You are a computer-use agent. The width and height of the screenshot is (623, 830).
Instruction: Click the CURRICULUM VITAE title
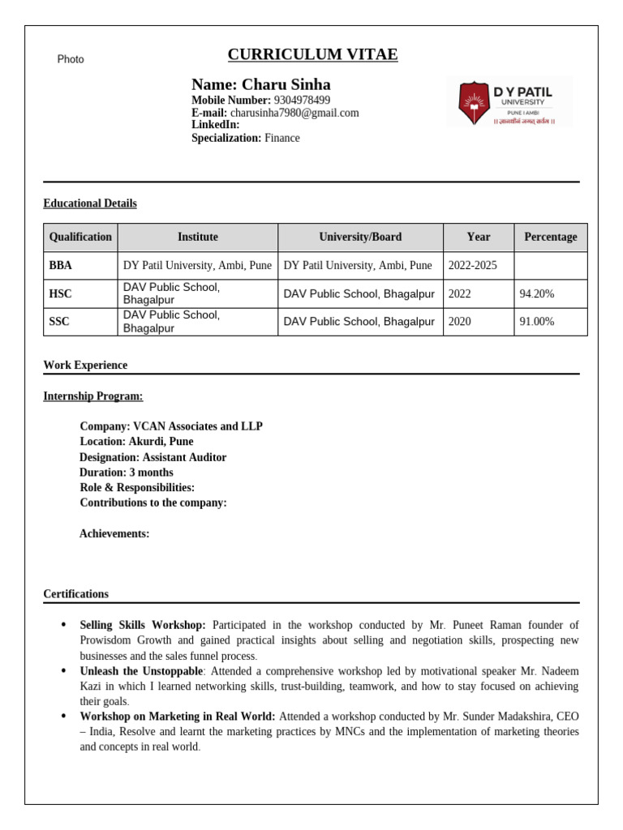tap(312, 55)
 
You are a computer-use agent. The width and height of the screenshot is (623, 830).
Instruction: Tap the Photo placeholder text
tap(71, 59)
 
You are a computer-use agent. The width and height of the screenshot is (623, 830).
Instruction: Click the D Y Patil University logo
tap(509, 102)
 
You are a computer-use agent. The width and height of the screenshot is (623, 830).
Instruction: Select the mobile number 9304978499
tap(302, 100)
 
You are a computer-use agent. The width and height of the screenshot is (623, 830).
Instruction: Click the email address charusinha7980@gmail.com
tap(294, 113)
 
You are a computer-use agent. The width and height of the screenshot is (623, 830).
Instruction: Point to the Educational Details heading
tap(90, 203)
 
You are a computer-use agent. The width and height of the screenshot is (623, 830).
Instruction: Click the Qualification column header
tap(80, 237)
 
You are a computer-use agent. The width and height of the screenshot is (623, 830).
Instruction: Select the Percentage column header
tap(550, 237)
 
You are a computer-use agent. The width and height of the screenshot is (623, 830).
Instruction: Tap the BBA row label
tap(61, 266)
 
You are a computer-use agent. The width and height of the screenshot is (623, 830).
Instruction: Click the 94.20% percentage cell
tap(536, 293)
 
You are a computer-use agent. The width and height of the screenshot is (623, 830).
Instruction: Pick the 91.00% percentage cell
tap(536, 322)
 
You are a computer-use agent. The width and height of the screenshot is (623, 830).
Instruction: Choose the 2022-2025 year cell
tap(472, 266)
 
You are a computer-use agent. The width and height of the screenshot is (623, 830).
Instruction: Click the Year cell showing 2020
tap(459, 322)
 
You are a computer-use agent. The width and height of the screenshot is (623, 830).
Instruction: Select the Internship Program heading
tap(92, 396)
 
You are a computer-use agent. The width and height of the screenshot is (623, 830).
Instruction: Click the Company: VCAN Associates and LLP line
tap(171, 426)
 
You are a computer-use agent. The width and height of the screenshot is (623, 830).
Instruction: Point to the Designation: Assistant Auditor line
tap(153, 457)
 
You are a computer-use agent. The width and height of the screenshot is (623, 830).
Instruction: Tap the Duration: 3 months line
tap(127, 473)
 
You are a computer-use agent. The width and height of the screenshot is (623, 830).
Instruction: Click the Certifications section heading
tap(75, 594)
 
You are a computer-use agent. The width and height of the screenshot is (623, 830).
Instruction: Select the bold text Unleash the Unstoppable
tap(141, 671)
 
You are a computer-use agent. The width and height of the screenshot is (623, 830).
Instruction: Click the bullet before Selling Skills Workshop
tap(64, 625)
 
